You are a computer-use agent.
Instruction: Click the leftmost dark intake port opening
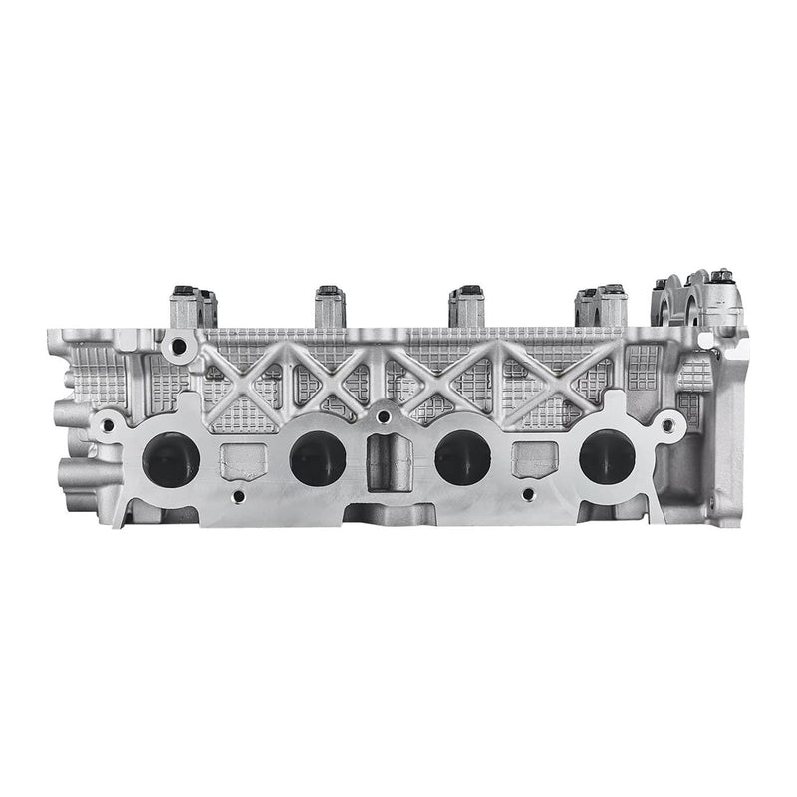[171, 460]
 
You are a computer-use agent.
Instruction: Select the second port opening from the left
[318, 460]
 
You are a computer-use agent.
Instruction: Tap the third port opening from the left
[463, 460]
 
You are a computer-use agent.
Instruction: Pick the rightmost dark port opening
[607, 460]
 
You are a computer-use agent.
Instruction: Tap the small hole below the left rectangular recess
[239, 495]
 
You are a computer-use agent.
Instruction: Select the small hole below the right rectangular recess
[527, 495]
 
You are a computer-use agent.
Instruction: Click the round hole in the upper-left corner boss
[179, 348]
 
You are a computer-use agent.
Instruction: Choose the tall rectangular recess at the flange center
[384, 460]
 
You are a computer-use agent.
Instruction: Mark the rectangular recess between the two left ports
[243, 460]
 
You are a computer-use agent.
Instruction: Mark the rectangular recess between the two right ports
[534, 460]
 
